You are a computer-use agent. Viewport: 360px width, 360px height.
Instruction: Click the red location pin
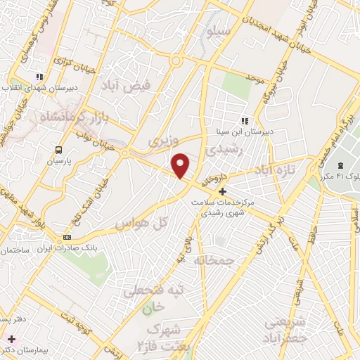tap(181, 165)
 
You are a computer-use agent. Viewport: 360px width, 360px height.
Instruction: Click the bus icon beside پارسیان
tap(59, 149)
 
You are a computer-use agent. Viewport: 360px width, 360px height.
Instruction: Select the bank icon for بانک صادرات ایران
tap(67, 237)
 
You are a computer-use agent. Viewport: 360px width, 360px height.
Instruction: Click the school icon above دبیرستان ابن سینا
tap(245, 120)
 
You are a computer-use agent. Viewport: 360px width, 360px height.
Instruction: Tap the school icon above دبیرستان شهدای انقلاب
tap(41, 76)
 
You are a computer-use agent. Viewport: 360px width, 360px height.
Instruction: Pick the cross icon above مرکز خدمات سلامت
tap(222, 191)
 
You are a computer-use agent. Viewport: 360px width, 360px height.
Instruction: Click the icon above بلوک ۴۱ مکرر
tap(341, 165)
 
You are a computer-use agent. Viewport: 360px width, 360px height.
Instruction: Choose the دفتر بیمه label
tap(13, 319)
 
